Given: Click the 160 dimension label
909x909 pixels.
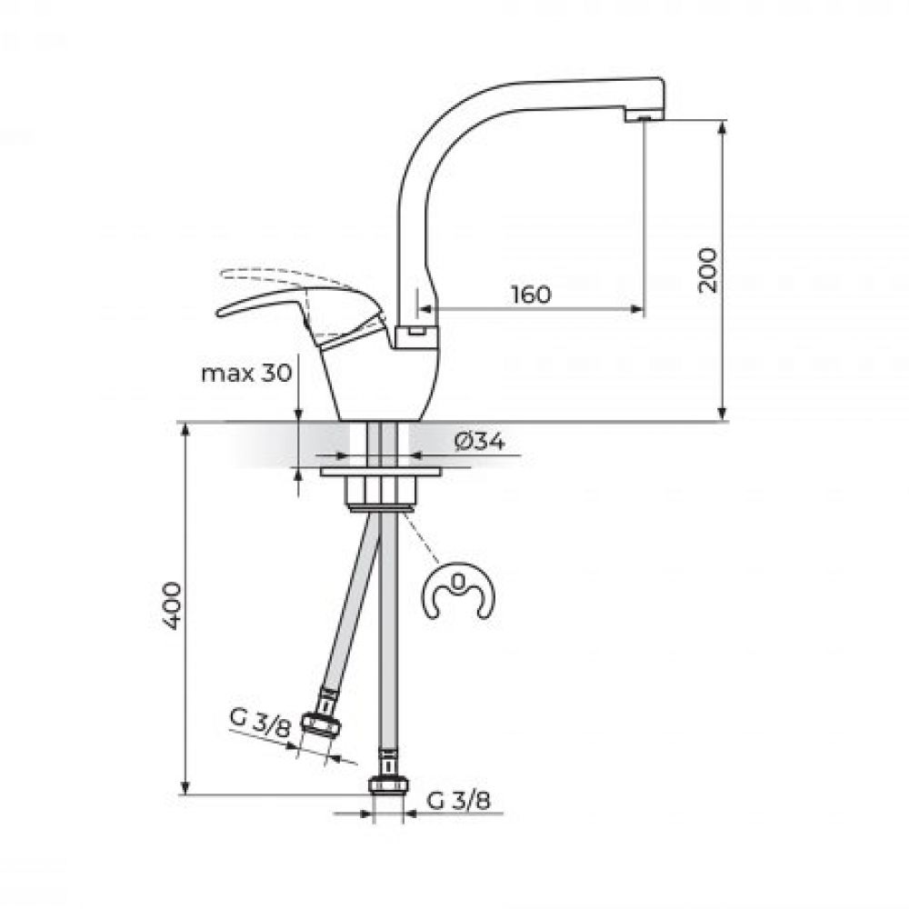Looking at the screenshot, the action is [x=532, y=295].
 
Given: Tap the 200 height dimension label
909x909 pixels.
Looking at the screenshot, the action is [x=707, y=270].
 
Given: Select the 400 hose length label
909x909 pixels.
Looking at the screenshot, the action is [x=172, y=606].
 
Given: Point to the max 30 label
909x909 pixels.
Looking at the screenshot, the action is [x=246, y=374].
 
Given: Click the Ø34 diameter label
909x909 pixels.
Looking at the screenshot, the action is [x=479, y=443].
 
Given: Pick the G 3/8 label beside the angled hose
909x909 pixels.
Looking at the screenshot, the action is [x=259, y=722].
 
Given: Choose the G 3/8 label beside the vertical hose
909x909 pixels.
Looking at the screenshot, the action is [x=458, y=801].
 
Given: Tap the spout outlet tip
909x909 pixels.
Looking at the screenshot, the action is [x=644, y=116].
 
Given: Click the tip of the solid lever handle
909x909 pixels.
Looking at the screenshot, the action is [x=219, y=314].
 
